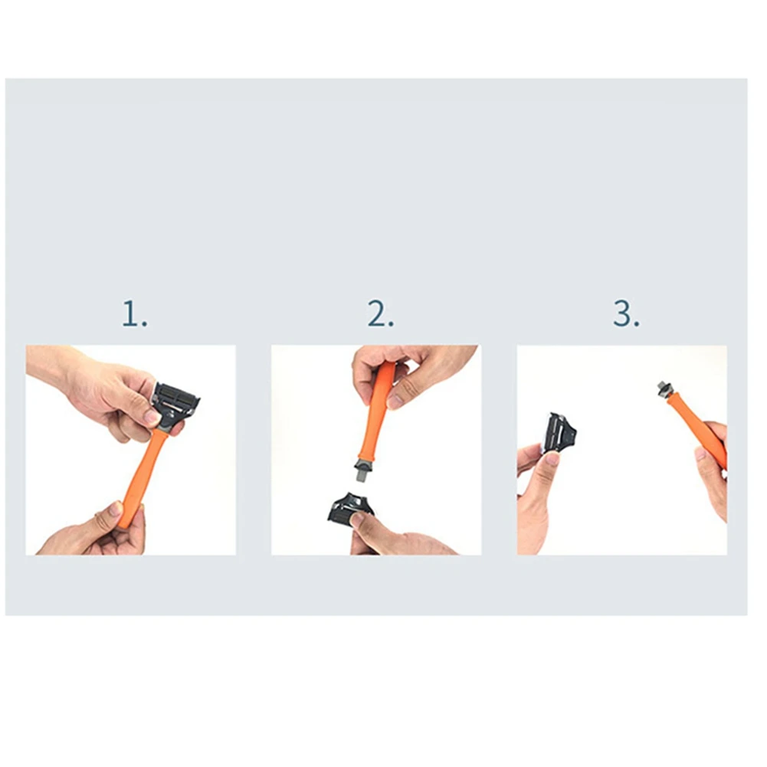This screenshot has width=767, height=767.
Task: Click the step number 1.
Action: (x=134, y=314)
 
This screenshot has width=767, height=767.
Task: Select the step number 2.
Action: (x=380, y=314)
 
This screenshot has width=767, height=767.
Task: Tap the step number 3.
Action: (x=625, y=314)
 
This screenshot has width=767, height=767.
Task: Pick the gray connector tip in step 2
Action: (x=363, y=472)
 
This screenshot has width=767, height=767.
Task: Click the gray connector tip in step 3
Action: (x=663, y=388)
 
